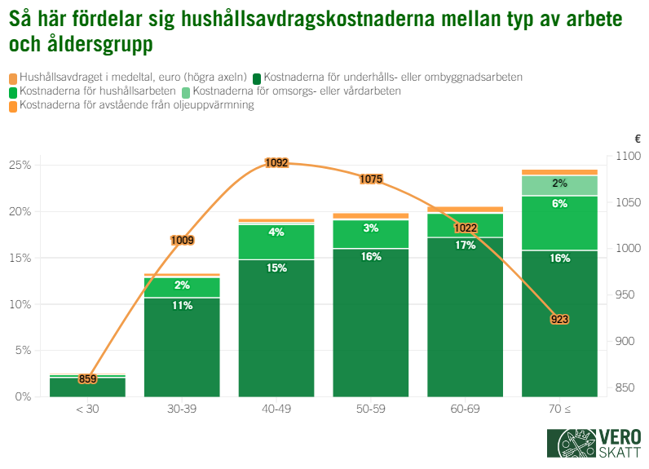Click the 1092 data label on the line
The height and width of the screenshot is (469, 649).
(276, 163)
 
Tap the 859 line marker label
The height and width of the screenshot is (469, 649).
(88, 378)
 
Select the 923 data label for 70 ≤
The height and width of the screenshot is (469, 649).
(559, 319)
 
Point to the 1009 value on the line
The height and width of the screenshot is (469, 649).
(182, 240)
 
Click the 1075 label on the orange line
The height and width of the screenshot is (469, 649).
(371, 179)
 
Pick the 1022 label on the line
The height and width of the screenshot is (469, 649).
(466, 228)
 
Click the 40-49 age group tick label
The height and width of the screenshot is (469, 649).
(276, 408)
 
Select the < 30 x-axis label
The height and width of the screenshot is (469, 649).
(87, 408)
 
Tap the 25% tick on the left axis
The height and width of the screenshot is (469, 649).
(20, 165)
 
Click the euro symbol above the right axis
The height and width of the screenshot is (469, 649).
(637, 139)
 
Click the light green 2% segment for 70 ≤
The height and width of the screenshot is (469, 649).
(559, 184)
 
